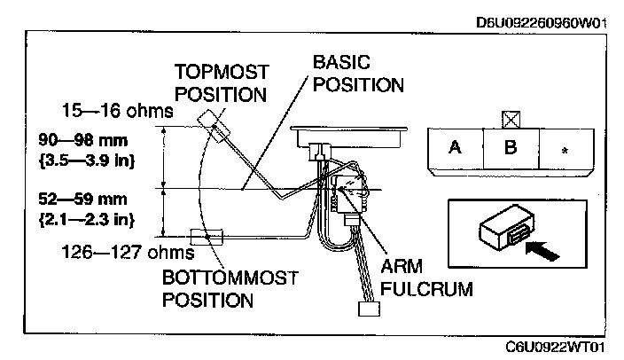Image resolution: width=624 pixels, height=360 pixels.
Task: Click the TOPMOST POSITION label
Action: coord(222,83)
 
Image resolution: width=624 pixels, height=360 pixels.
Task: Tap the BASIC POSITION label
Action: coord(358,74)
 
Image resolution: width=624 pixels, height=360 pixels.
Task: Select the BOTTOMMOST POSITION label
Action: coord(230,289)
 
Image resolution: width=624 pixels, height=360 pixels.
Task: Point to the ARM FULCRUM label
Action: coord(426,278)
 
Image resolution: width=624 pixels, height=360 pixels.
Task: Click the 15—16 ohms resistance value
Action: coord(118,110)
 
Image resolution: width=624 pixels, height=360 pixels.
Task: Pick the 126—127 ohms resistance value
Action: coord(129,252)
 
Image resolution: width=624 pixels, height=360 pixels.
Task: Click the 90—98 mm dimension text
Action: coord(83,140)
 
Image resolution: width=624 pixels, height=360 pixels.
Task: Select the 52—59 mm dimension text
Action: coord(82,199)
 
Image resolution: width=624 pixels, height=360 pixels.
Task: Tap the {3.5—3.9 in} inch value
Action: coord(87,160)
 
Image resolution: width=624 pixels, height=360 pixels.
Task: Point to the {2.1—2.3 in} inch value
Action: coord(87,219)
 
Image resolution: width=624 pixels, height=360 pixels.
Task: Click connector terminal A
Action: coord(456,148)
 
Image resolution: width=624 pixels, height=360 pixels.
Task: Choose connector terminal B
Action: coord(511,148)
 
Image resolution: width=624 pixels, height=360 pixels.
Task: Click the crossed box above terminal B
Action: coord(511,120)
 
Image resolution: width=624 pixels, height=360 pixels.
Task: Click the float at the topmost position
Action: coord(214,126)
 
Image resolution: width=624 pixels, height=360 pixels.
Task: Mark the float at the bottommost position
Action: coord(207,238)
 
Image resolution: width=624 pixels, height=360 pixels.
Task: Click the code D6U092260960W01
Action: coord(542,23)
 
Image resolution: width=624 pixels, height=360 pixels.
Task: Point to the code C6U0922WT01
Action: coord(556,347)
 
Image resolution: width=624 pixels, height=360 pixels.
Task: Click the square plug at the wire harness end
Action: coord(369,309)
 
